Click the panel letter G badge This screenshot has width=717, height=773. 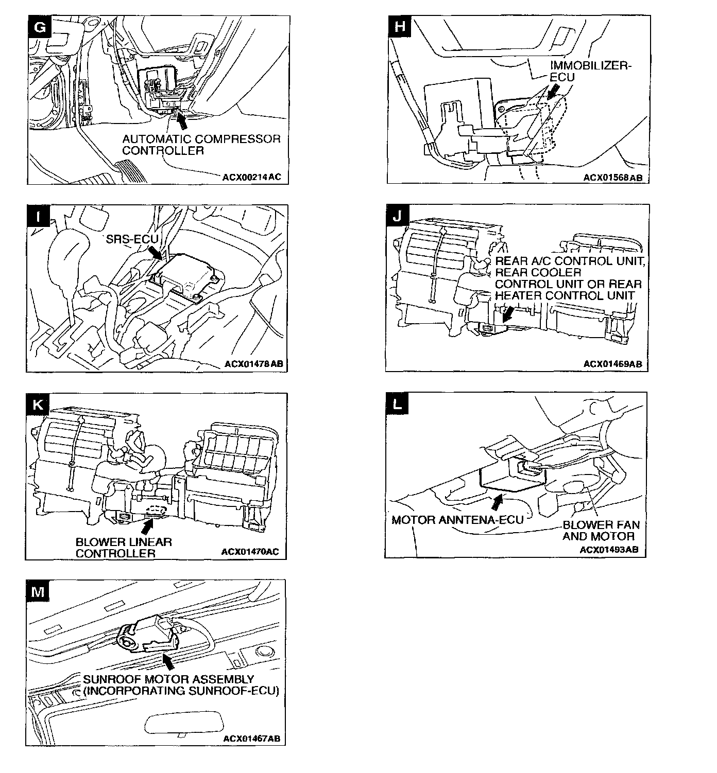[39, 27]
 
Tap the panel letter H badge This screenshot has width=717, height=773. [399, 27]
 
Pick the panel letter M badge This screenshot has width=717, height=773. [38, 592]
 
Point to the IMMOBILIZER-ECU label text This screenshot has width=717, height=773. [590, 71]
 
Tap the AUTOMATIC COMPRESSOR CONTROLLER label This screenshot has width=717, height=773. [201, 145]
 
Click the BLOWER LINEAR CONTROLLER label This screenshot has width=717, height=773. [124, 548]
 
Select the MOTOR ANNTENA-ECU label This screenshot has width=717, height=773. [457, 520]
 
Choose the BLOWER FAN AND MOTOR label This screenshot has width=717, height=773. [601, 531]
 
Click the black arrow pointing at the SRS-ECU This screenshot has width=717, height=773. [155, 252]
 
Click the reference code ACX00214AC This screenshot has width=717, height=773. [252, 177]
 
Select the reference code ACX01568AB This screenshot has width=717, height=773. [612, 178]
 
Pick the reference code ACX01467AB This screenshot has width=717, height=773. [251, 739]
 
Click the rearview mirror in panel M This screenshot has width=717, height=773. [176, 723]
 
